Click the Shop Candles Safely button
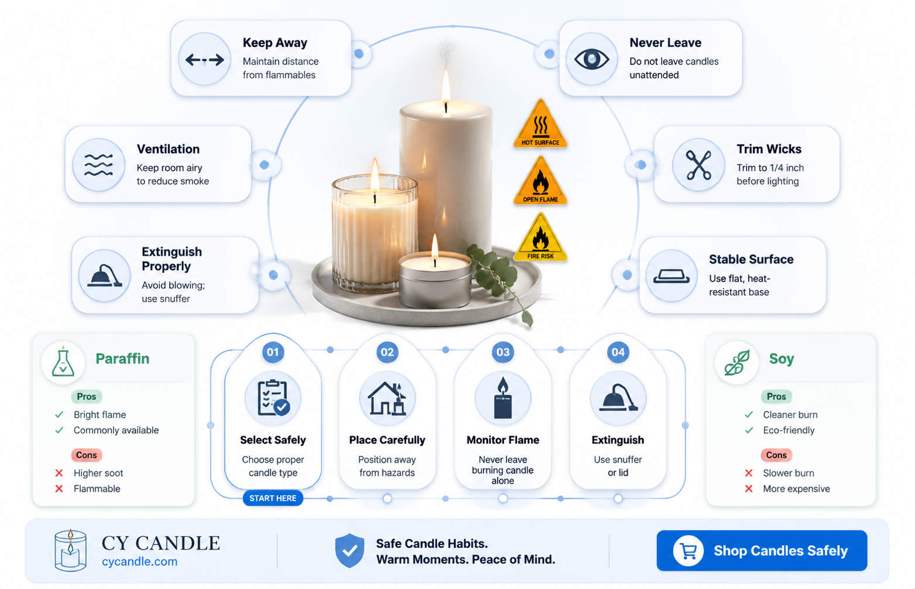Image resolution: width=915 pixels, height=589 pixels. pyautogui.click(x=762, y=550)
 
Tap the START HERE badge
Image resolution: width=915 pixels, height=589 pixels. pyautogui.click(x=273, y=498)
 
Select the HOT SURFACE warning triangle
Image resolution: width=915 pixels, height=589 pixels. pyautogui.click(x=540, y=124)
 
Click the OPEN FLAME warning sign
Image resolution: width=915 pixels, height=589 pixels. pyautogui.click(x=540, y=180)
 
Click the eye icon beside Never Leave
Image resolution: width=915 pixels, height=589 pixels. pyautogui.click(x=591, y=59)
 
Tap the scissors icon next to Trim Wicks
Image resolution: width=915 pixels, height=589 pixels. pyautogui.click(x=698, y=165)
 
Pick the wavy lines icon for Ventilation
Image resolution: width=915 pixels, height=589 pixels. pyautogui.click(x=98, y=165)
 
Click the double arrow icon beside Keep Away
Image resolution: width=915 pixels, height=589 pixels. pyautogui.click(x=204, y=60)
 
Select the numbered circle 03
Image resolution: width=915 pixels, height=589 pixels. pyautogui.click(x=503, y=352)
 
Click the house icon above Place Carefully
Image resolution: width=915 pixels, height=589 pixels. pyautogui.click(x=387, y=398)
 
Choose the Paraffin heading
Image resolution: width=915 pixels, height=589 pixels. pyautogui.click(x=122, y=359)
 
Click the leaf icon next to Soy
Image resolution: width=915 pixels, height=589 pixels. pyautogui.click(x=737, y=362)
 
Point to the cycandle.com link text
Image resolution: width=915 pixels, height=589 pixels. pyautogui.click(x=140, y=561)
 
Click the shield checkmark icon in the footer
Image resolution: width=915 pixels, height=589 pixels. pyautogui.click(x=349, y=550)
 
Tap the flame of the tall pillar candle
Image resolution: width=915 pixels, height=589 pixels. pyautogui.click(x=446, y=90)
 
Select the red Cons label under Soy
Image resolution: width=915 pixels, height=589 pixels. pyautogui.click(x=776, y=455)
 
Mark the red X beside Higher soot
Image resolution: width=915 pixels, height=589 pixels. pyautogui.click(x=59, y=473)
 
